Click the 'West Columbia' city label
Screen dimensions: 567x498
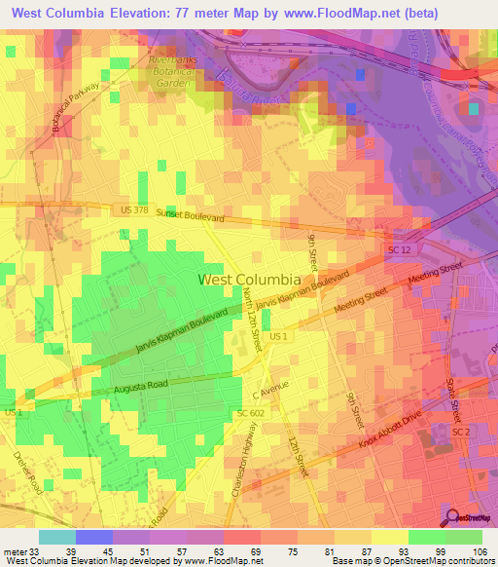249,279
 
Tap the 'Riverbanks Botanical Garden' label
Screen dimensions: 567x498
177,72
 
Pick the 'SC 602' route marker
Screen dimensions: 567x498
250,414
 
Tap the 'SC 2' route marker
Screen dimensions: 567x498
461,430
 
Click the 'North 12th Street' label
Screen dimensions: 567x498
252,322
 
